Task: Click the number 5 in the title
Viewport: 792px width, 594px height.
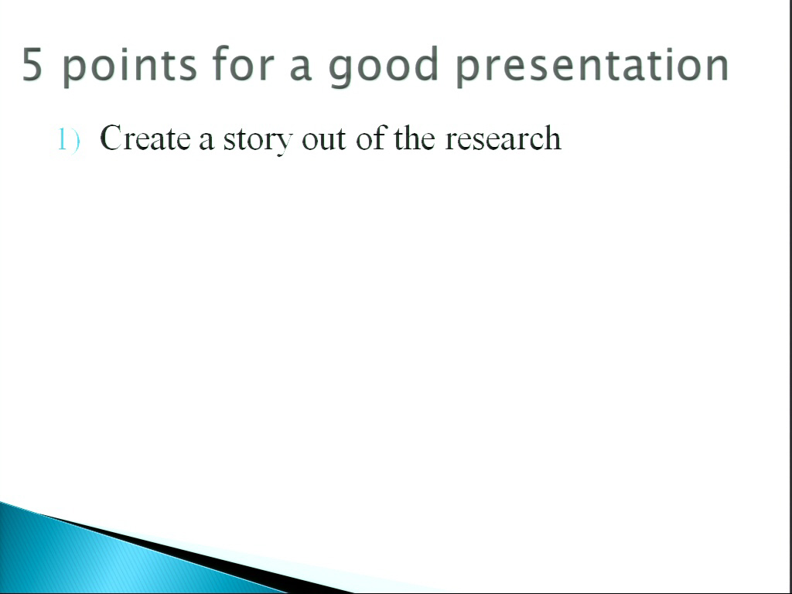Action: (32, 63)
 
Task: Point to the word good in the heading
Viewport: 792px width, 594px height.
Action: (383, 67)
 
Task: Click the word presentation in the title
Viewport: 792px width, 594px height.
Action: (592, 67)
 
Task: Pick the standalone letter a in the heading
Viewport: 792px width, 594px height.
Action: (301, 69)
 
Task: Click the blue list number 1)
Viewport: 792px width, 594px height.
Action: (69, 139)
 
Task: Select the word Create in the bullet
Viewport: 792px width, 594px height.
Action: (145, 138)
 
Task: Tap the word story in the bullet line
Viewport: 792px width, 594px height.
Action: (258, 141)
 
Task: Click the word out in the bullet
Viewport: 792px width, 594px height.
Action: (324, 139)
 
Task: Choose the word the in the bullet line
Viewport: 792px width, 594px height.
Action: (415, 138)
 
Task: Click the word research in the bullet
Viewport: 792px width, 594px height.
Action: (503, 138)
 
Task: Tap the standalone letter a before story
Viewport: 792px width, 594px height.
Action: (206, 142)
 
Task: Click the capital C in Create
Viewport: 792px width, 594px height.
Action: (111, 138)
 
